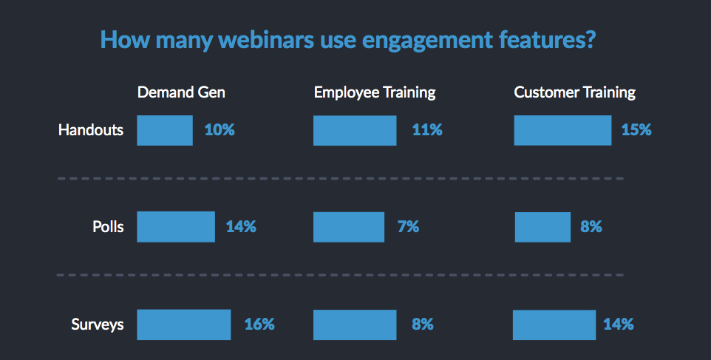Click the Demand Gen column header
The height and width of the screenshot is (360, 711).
point(181,92)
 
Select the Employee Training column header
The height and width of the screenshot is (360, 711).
point(374,92)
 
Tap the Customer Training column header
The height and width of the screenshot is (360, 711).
point(574,92)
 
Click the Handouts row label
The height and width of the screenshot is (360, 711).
point(91,130)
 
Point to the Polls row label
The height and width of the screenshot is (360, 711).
point(108,227)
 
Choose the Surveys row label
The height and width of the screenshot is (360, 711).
point(98,324)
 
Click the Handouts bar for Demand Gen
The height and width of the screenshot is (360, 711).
point(165,130)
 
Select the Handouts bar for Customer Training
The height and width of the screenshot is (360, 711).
point(562,130)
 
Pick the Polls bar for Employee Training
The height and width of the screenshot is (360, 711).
point(349,227)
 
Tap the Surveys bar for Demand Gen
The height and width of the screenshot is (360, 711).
point(184,324)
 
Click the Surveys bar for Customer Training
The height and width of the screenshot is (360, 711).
point(554,324)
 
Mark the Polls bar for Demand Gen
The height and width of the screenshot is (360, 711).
point(176,227)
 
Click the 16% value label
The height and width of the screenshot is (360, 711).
point(259,324)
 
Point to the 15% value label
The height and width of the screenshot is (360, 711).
point(636,130)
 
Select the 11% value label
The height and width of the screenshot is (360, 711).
point(427,130)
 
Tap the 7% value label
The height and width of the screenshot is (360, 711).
point(408,227)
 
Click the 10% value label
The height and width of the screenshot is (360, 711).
point(220,130)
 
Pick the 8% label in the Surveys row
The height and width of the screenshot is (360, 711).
point(422,324)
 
